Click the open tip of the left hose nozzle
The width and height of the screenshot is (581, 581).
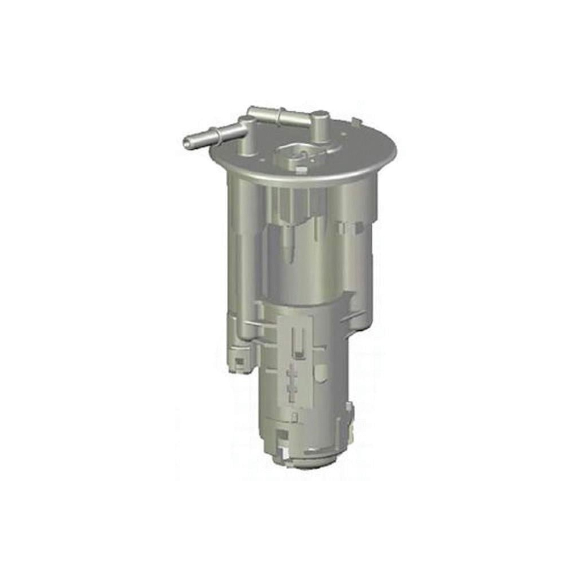tap(187, 143)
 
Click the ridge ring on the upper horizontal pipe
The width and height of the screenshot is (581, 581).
tap(280, 116)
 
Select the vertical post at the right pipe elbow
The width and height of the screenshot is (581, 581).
tap(321, 126)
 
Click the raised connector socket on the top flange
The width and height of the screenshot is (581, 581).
tap(294, 154)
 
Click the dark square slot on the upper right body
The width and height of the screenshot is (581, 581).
tap(359, 227)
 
